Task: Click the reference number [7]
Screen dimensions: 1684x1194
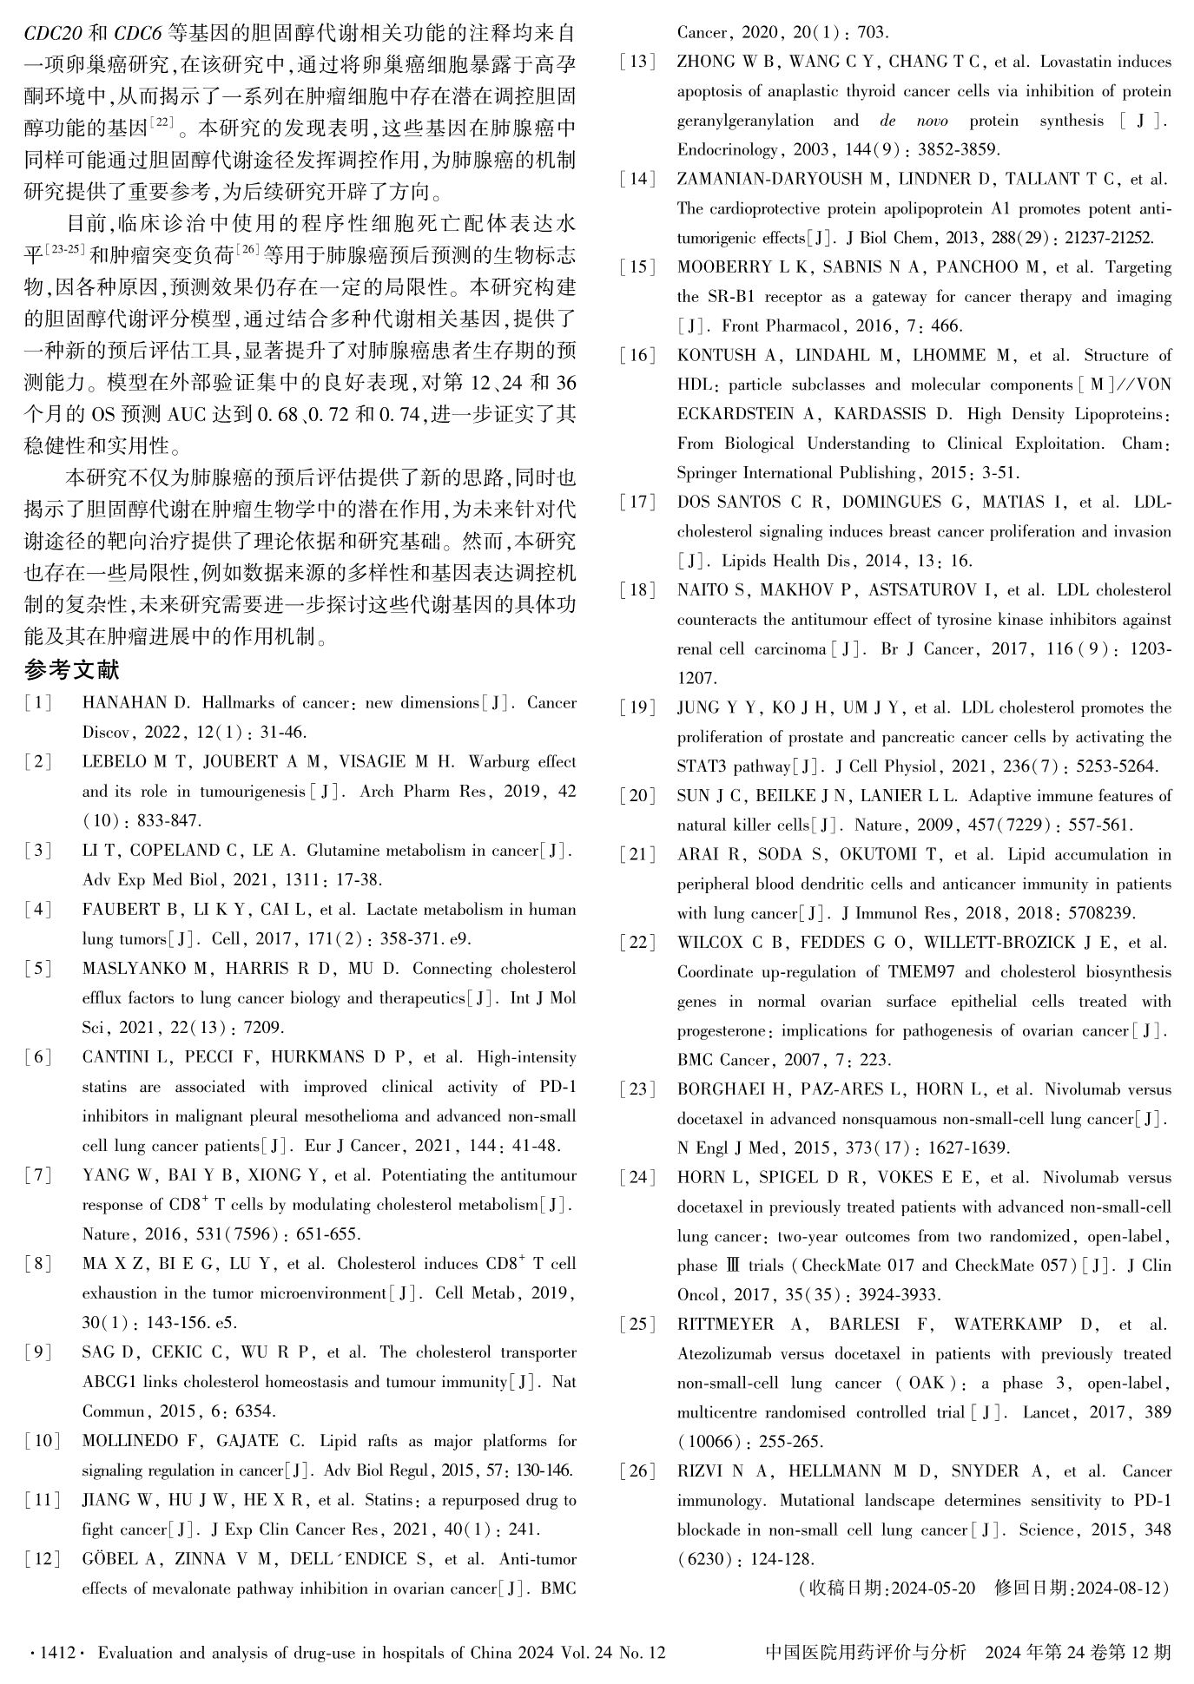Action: tap(38, 1175)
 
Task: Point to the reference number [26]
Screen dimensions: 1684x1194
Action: tap(637, 1471)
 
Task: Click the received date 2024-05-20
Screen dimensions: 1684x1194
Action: tap(933, 1589)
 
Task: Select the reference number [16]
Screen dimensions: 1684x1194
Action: tap(637, 355)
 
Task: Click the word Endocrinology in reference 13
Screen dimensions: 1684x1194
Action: tap(728, 149)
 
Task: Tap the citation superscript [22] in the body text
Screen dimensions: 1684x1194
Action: tap(162, 122)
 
